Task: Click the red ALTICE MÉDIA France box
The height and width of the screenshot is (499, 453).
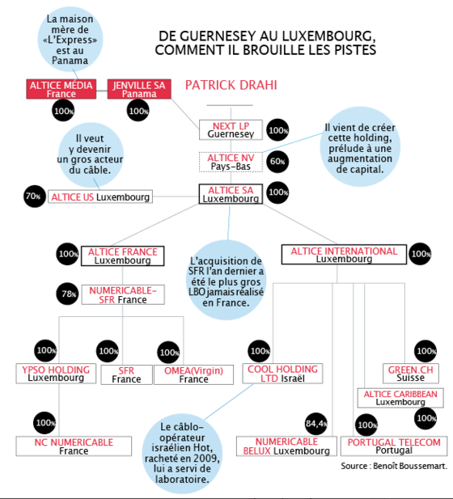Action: (x=61, y=89)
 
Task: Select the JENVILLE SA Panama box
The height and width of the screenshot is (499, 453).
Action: (x=139, y=89)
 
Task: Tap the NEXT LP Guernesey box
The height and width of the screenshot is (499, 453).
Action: (x=231, y=130)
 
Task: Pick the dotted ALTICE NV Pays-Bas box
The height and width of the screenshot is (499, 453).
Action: (x=231, y=162)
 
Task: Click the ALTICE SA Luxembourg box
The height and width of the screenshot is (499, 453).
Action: (x=231, y=194)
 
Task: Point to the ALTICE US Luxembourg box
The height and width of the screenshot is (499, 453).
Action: (x=100, y=197)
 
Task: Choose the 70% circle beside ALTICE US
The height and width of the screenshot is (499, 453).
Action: (x=35, y=196)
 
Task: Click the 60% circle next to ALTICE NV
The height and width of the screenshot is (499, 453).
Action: (x=277, y=162)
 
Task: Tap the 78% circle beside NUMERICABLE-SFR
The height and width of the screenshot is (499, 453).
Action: (x=67, y=294)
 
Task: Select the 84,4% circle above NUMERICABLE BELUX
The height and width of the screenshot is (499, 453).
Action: (x=316, y=424)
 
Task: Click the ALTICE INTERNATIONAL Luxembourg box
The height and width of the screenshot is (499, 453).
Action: (x=344, y=254)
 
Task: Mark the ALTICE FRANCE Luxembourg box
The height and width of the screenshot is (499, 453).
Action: (x=123, y=256)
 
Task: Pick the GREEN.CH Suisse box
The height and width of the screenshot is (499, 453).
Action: (x=411, y=374)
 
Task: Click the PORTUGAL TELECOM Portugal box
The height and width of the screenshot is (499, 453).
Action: (x=394, y=446)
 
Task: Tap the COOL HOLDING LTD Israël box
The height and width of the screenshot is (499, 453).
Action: (x=282, y=374)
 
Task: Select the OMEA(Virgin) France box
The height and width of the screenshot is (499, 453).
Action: (x=193, y=374)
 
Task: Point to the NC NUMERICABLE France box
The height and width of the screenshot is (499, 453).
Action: (x=74, y=446)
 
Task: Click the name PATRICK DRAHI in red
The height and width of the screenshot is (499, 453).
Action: (x=231, y=85)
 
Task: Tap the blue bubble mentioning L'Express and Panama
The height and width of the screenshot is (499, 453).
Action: (x=70, y=40)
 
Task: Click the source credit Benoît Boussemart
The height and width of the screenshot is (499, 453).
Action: (x=394, y=466)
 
